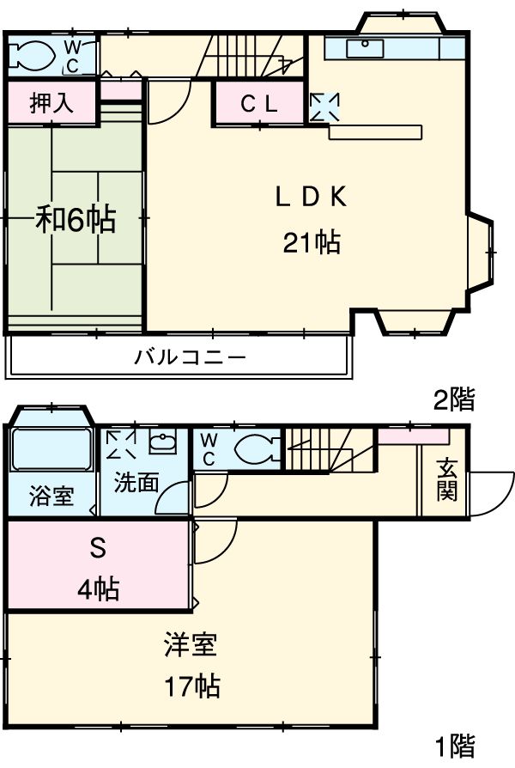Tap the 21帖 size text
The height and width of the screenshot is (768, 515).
311,244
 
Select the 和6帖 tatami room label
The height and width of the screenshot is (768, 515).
76,220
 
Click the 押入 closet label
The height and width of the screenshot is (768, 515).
51,103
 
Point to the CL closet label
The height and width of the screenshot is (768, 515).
258,104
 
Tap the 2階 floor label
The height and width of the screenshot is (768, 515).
453,399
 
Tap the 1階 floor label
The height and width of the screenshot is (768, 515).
453,745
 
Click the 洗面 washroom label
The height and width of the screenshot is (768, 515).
137,482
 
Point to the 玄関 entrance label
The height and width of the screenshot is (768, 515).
446,480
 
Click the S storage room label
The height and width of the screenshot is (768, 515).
96,547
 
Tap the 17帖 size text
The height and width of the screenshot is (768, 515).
191,686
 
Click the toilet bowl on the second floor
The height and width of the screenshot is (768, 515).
34,57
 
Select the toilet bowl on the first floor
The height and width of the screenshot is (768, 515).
254,448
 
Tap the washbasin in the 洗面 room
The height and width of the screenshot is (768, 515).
161,444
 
